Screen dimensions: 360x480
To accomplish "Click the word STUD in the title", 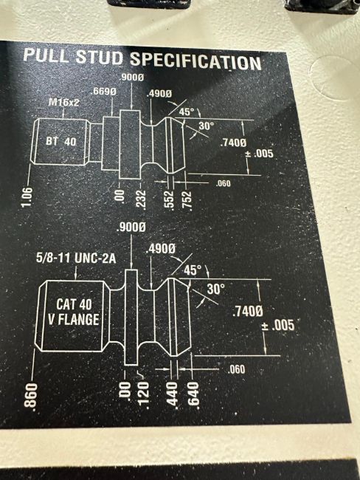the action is [100, 58].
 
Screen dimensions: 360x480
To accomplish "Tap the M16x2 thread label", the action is [63, 102].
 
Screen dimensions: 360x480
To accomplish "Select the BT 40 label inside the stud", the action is [61, 142].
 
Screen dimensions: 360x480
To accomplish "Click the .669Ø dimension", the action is [104, 92].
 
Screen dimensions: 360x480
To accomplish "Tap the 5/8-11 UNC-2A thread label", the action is [76, 258].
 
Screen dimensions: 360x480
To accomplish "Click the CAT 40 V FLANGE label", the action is [74, 312].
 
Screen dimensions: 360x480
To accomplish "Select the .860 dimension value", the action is [30, 395].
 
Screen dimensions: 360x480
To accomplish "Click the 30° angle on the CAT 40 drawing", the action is [215, 289].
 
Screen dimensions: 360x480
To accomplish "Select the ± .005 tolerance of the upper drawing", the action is [259, 154].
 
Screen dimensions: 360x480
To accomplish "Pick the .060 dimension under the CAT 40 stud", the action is [236, 369].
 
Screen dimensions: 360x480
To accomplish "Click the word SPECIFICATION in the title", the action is [195, 61].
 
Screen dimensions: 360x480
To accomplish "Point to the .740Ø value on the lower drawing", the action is [248, 312].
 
